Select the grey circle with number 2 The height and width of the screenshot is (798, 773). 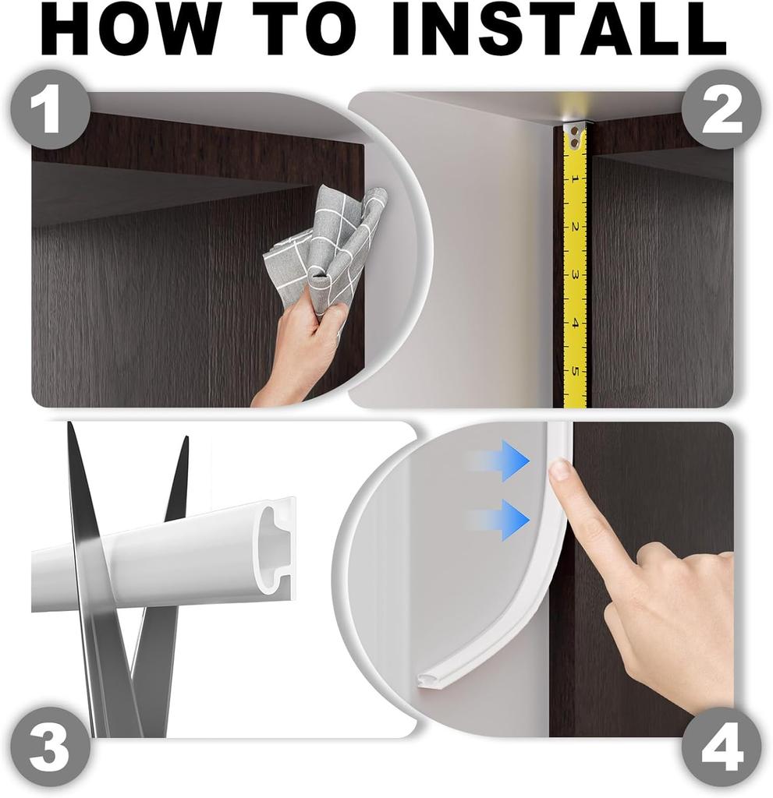722,110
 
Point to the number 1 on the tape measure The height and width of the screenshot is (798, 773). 575,179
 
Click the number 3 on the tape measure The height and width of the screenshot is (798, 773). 575,274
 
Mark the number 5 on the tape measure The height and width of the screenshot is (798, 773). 575,370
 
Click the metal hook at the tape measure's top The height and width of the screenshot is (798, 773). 575,134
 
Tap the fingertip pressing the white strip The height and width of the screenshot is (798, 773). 559,471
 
